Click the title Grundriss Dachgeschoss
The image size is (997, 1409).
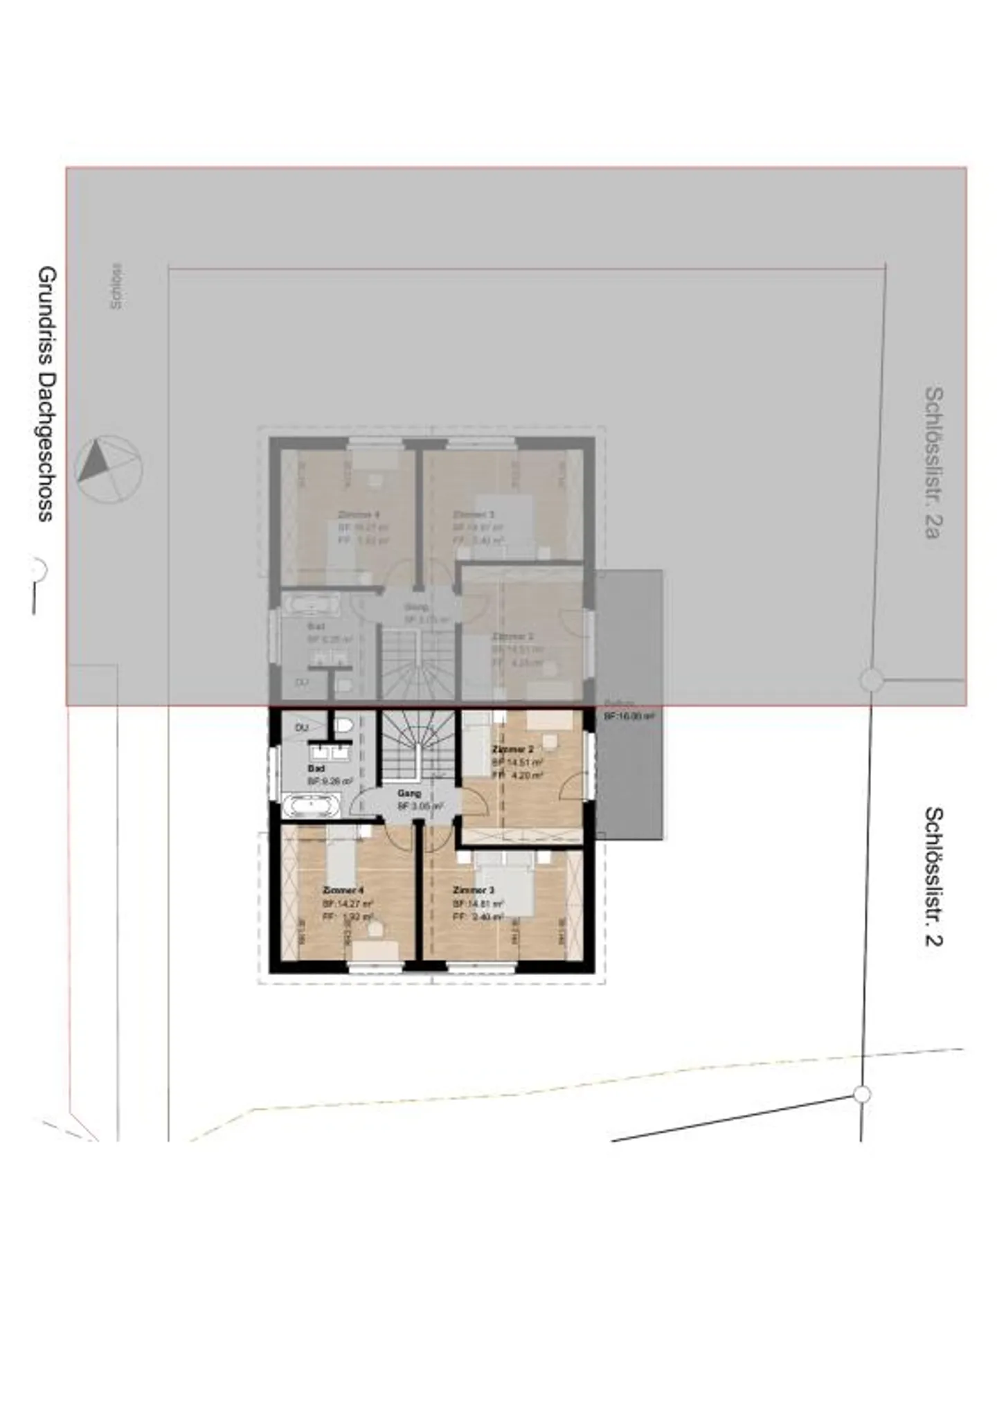[46, 393]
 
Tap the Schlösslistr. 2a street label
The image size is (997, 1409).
[933, 462]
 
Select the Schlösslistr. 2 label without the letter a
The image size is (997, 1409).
[933, 876]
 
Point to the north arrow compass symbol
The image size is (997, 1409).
[108, 469]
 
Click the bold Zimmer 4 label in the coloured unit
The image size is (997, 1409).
[343, 890]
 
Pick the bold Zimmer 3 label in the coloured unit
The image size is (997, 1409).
[473, 890]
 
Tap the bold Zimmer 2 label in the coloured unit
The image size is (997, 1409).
[512, 749]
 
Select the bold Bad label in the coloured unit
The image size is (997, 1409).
[316, 769]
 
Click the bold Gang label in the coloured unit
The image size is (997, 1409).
[409, 793]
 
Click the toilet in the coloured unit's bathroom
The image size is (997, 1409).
[344, 726]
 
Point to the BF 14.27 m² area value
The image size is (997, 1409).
[348, 904]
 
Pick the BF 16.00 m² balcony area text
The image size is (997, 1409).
[629, 717]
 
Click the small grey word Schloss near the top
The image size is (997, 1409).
[116, 285]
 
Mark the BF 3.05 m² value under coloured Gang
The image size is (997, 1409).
[420, 807]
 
